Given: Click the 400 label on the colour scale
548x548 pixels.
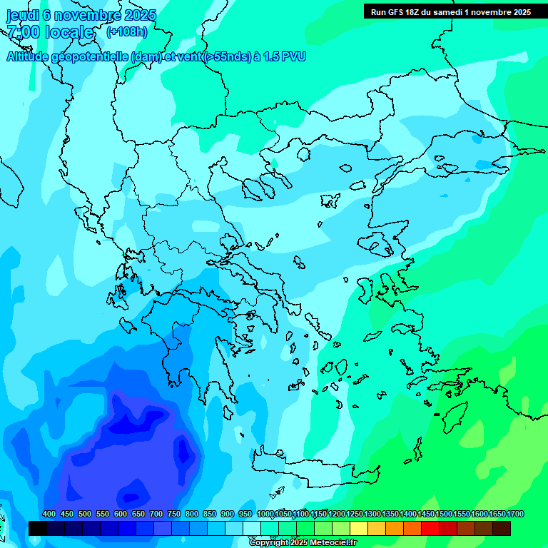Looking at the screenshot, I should [x=49, y=514].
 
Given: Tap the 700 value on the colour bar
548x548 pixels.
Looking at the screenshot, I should [x=156, y=514].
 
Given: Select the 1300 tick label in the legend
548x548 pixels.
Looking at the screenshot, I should [x=372, y=514].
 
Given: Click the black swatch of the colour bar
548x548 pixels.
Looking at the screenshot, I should [x=38, y=528].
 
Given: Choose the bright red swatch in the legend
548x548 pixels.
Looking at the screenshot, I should [x=430, y=528].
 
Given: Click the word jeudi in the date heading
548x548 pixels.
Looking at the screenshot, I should [x=24, y=14].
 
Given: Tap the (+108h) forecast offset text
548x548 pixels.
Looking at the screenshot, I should [x=126, y=32].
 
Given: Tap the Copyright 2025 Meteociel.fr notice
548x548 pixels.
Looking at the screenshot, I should [x=303, y=543].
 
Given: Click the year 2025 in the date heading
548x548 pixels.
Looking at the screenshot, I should [x=141, y=14].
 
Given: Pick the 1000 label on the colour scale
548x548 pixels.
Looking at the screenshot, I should [x=265, y=514].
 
